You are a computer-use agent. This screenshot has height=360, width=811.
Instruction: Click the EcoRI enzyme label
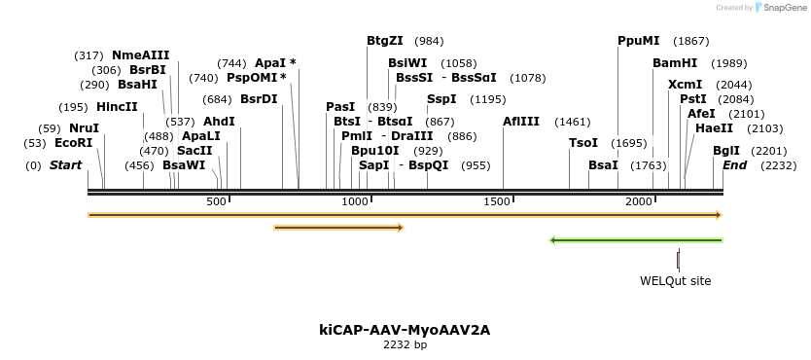73,143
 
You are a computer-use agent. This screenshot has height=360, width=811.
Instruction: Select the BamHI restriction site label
675,63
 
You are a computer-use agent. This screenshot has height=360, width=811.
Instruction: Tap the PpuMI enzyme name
638,41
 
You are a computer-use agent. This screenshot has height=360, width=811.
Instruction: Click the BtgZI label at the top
384,41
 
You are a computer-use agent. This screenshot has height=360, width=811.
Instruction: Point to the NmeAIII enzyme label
140,55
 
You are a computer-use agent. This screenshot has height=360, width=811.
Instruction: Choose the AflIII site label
520,122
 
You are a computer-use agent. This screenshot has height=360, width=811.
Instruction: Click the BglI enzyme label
726,151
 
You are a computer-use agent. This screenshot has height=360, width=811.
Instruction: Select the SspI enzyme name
441,99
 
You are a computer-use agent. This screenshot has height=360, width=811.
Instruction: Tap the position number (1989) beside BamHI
728,63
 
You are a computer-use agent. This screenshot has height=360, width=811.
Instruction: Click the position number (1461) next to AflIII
573,122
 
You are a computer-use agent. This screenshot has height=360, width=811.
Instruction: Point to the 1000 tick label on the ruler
356,200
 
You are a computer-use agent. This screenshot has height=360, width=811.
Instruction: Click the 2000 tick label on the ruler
639,200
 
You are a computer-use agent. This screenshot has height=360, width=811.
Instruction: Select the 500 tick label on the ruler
216,200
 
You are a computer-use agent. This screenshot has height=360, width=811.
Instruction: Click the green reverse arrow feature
636,239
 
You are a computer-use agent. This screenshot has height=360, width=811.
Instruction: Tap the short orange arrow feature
338,228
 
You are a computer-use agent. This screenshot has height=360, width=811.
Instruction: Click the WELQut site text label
675,281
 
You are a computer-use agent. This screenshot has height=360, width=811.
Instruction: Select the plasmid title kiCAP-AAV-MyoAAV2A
405,330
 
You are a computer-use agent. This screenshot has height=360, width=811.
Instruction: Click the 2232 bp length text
405,344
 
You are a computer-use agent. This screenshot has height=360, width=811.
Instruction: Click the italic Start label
65,165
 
